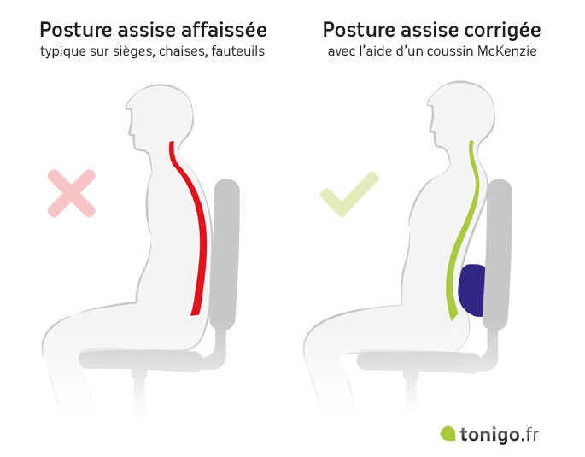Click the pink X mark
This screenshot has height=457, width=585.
coord(71,191)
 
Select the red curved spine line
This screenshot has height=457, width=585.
coord(198,231)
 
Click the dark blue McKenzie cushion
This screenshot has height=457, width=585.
coord(471,290)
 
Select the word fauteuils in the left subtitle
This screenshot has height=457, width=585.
coord(232,51)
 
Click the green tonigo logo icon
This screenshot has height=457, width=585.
coord(448,434)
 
